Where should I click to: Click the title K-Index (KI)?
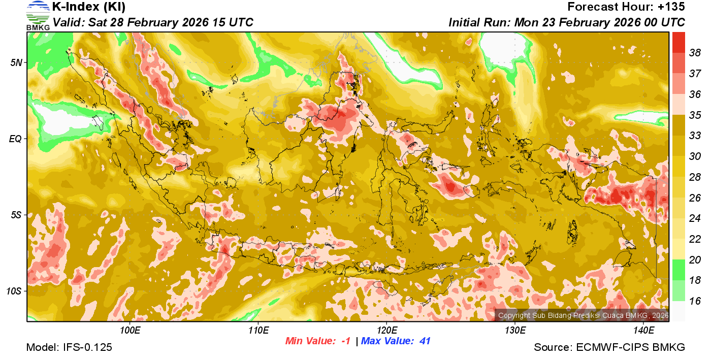[89, 7]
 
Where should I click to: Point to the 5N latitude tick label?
[16, 62]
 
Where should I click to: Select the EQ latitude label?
[15, 139]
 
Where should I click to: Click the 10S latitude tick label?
[14, 291]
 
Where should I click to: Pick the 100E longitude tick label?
[130, 331]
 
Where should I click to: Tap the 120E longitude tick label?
[387, 331]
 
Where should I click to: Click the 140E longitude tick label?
[644, 331]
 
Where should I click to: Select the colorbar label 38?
[695, 52]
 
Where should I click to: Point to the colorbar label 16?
[695, 301]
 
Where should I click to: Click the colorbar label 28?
[695, 177]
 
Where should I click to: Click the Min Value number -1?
[345, 341]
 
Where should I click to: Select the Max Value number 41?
[425, 341]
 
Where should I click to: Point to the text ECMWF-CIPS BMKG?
[630, 347]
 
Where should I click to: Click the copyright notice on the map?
[582, 315]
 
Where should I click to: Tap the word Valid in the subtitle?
[68, 22]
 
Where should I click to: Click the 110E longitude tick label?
[258, 331]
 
